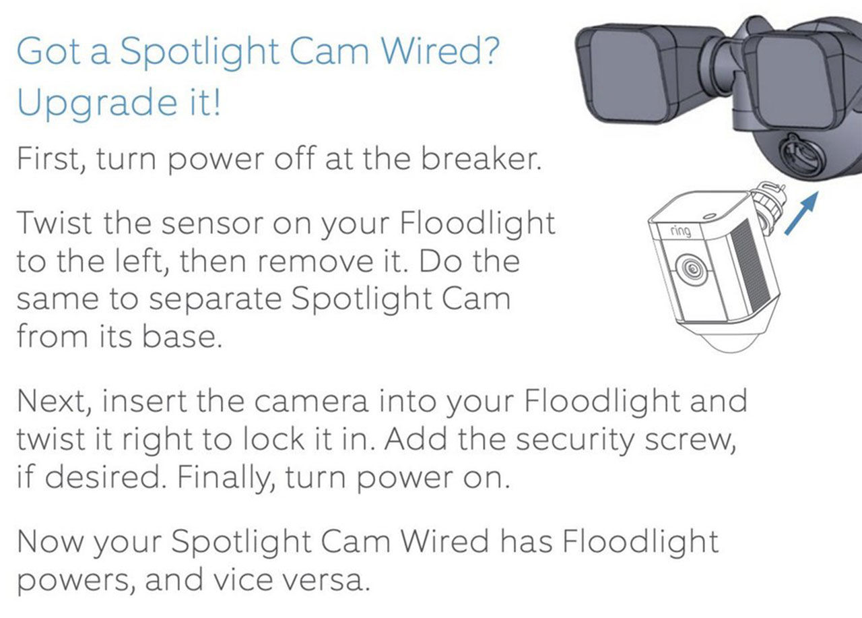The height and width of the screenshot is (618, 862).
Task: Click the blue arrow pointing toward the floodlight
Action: pos(801,213)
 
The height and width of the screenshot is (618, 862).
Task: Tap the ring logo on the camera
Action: pos(680,230)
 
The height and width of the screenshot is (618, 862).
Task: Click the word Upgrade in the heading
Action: pos(98,104)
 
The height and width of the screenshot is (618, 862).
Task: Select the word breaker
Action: pos(482,158)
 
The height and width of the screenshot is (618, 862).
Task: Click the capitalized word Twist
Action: pos(55,222)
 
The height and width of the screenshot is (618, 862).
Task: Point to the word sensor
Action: pos(212,225)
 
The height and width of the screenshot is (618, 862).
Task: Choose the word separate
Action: pos(215,301)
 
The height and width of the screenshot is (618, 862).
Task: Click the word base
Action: pos(182,337)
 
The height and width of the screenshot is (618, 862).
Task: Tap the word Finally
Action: pos(226,478)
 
